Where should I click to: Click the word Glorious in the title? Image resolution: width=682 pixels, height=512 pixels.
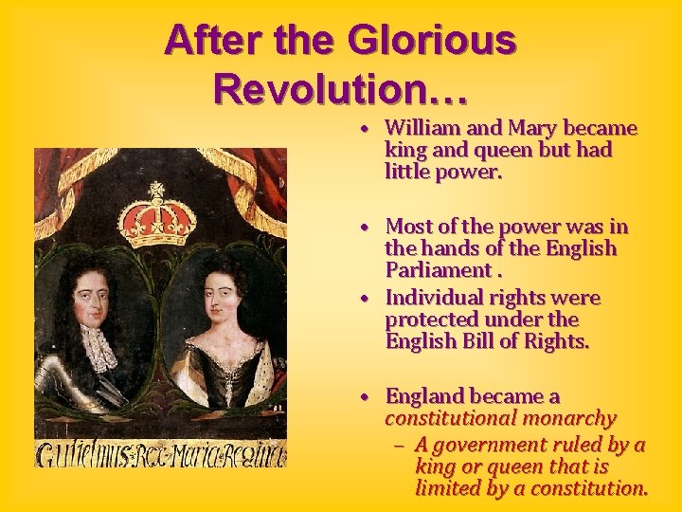coord(432,40)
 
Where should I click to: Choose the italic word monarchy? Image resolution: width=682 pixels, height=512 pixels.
coord(571,418)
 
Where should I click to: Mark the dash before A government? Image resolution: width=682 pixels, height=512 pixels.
coord(399,446)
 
